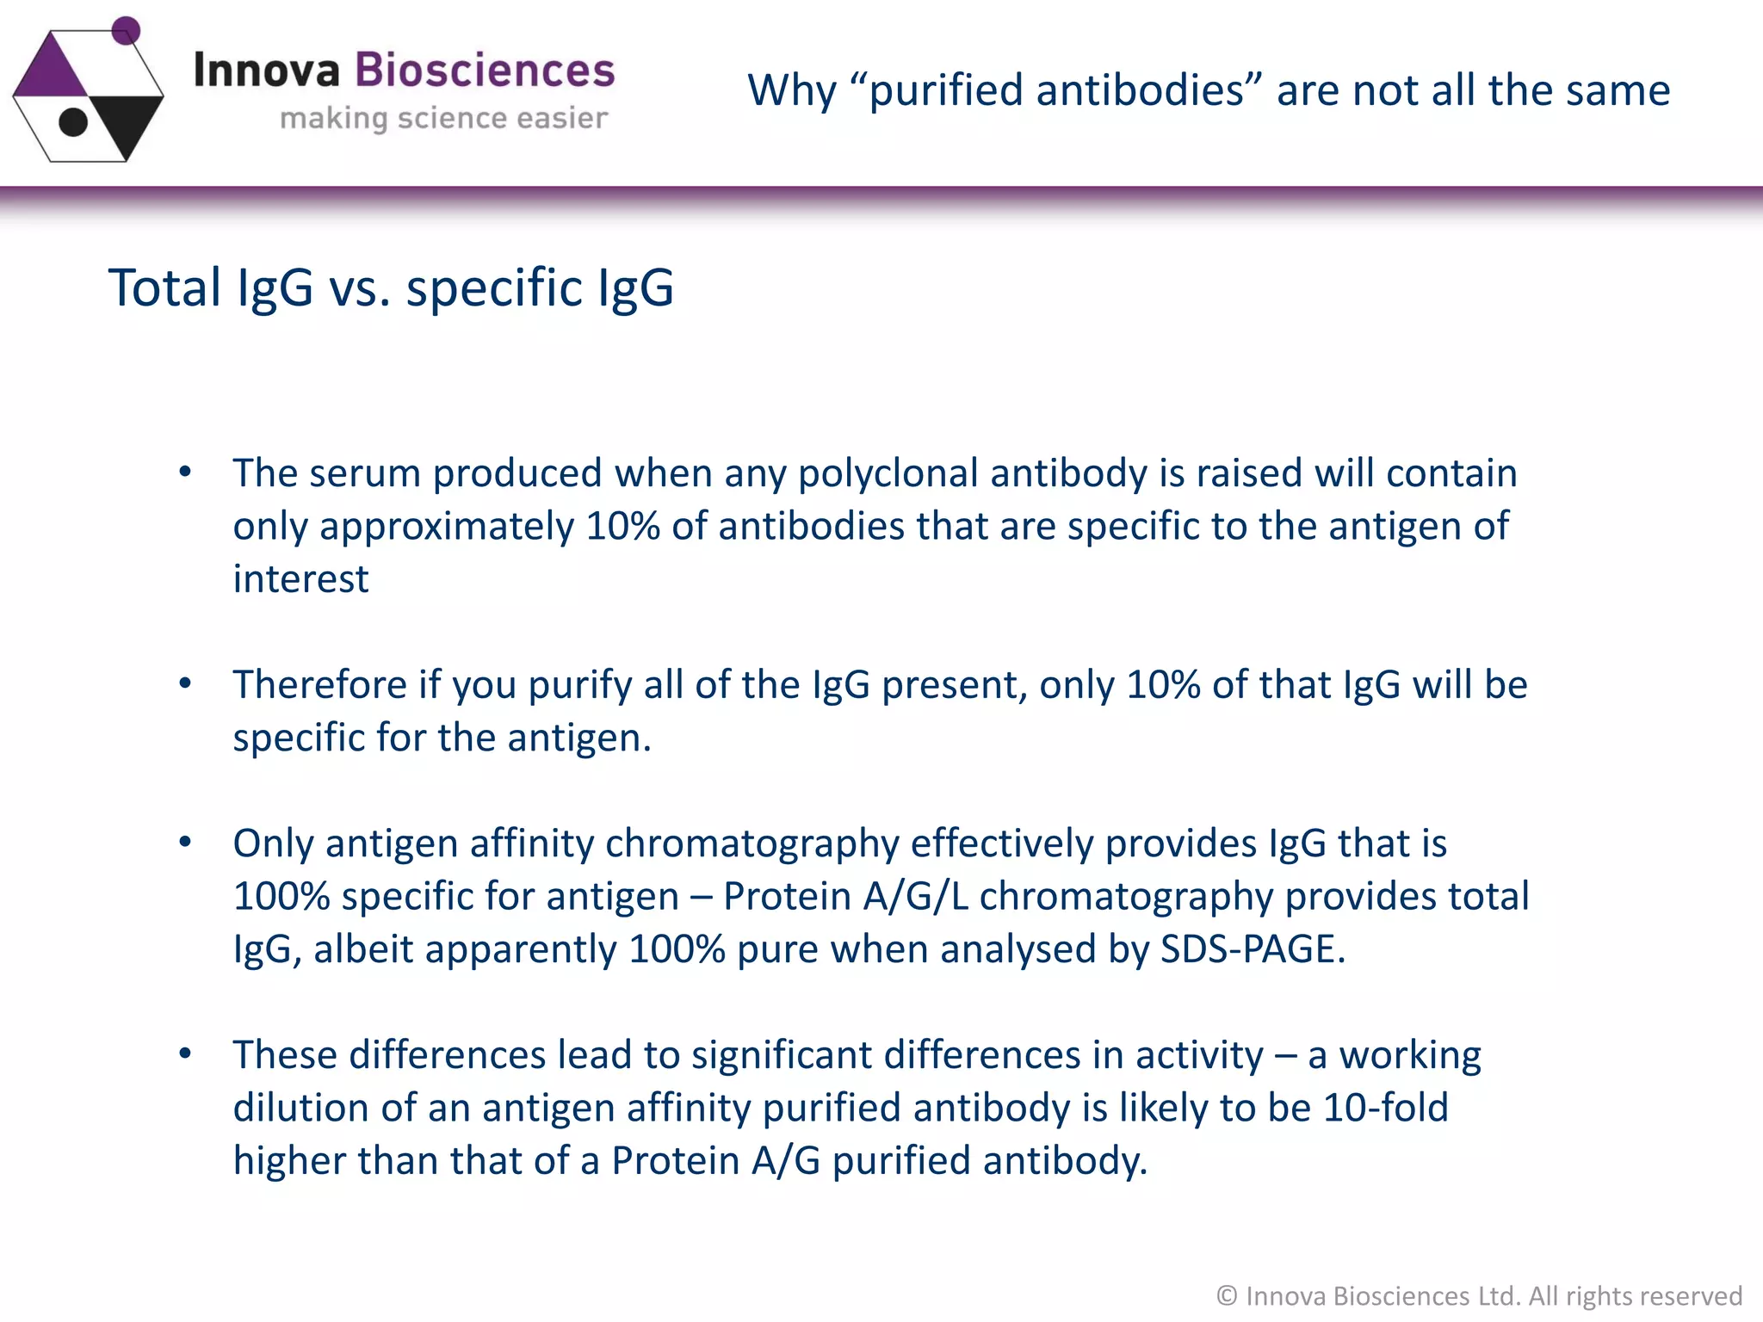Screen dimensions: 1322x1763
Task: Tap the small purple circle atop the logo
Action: pyautogui.click(x=127, y=29)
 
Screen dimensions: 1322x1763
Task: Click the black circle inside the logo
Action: pyautogui.click(x=73, y=122)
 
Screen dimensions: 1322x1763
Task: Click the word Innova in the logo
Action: pyautogui.click(x=267, y=70)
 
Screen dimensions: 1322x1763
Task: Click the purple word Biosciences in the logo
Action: pyautogui.click(x=485, y=70)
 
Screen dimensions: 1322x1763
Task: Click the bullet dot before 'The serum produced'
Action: pyautogui.click(x=185, y=472)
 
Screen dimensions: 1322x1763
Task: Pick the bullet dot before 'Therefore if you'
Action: pyautogui.click(x=185, y=683)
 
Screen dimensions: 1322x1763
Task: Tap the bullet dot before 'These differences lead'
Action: pyautogui.click(x=185, y=1053)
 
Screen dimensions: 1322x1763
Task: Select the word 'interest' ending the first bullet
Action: pyautogui.click(x=300, y=579)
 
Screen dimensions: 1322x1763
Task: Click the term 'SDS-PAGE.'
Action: pyautogui.click(x=1253, y=949)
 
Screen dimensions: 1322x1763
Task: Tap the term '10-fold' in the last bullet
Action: pyautogui.click(x=1385, y=1108)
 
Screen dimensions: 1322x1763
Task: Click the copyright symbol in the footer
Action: pyautogui.click(x=1227, y=1295)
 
